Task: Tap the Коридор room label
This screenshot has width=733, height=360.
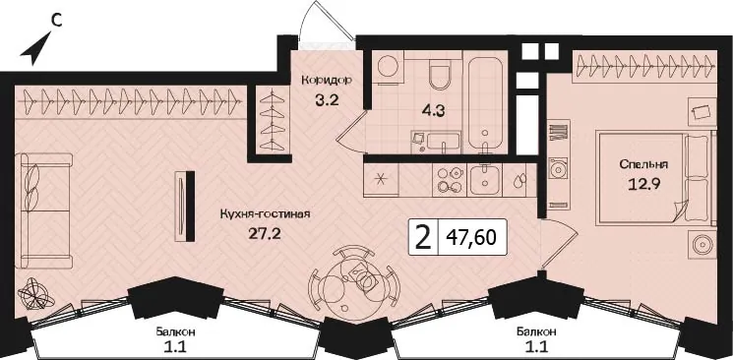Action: coord(327,80)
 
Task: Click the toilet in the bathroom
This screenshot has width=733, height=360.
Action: coord(440,75)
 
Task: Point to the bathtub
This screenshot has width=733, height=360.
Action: coord(485,105)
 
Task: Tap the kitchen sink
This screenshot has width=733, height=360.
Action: coord(485,180)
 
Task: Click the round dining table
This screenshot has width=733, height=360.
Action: coord(354,281)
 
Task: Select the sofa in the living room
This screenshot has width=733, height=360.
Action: coord(43,210)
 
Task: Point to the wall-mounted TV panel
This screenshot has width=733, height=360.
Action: coord(185,207)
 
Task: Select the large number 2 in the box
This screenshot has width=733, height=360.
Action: coord(423,237)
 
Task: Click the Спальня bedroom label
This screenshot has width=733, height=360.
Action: coord(643,164)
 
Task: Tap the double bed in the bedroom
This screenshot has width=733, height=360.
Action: coord(655,179)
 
